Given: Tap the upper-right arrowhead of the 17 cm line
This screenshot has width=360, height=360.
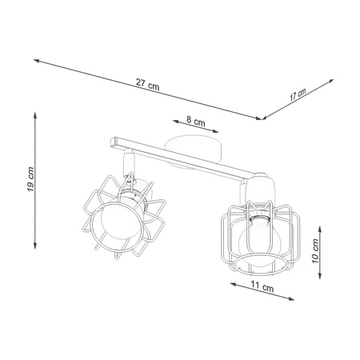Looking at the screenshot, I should pos(330,80).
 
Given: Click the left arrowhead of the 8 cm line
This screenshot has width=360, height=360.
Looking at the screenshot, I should pos(172,122).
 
